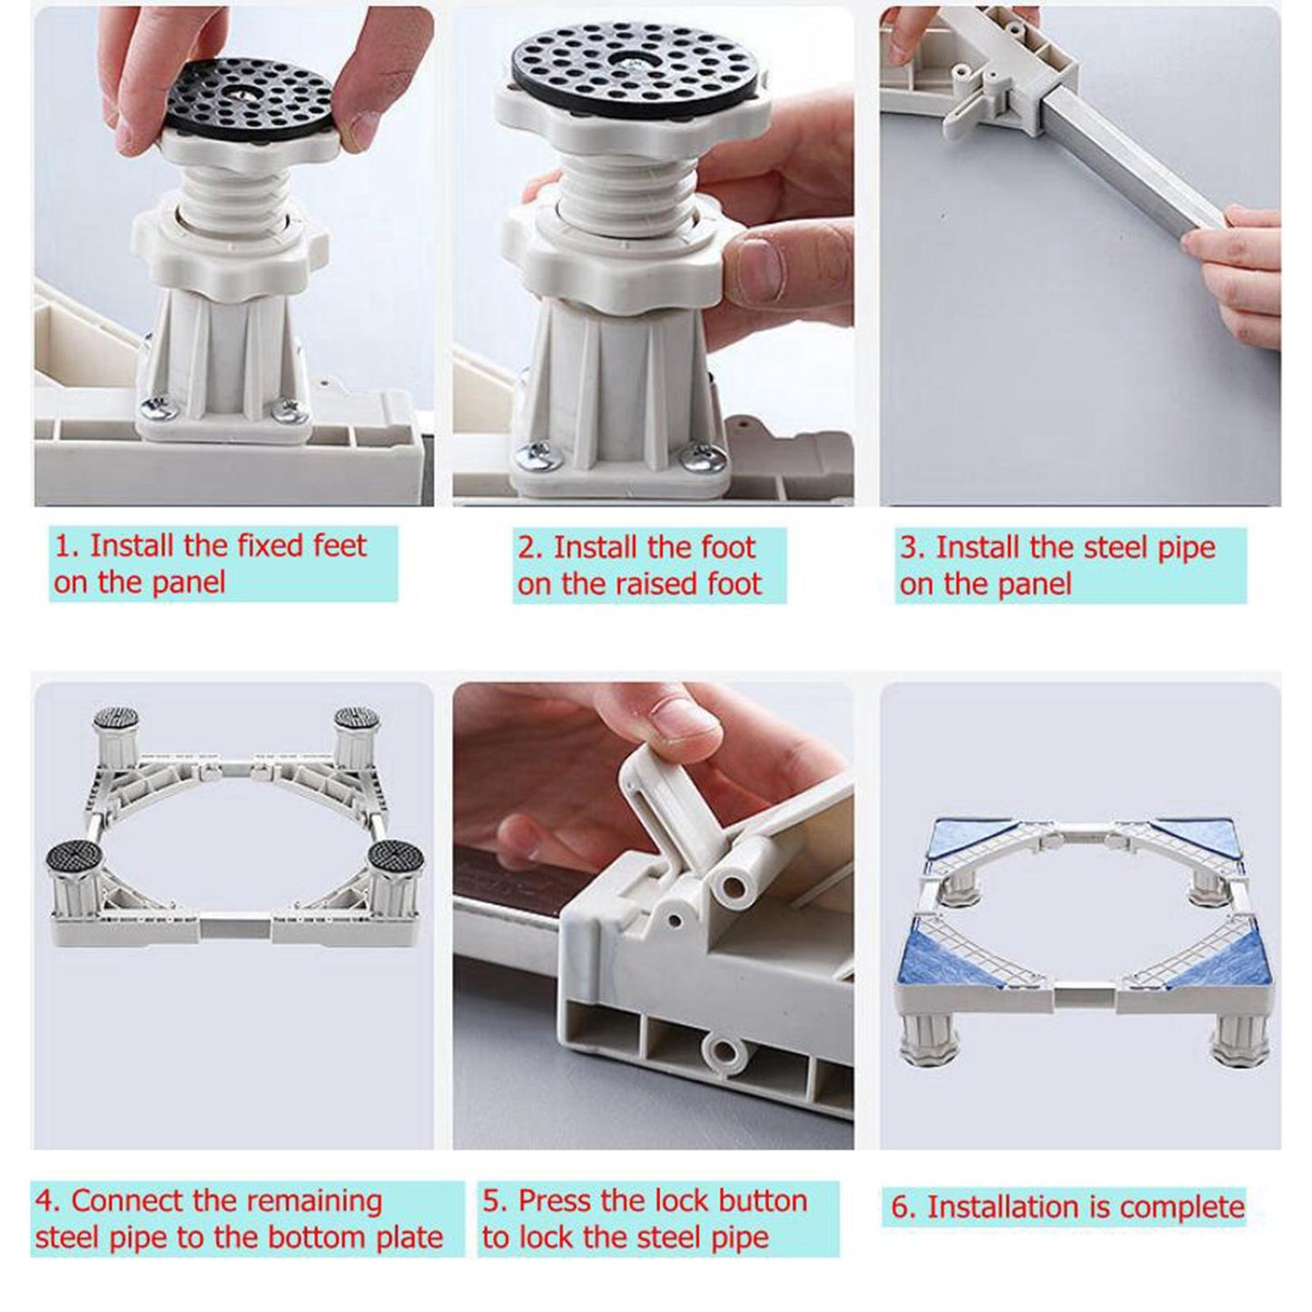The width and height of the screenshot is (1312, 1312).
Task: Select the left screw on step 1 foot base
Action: click(x=154, y=410)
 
